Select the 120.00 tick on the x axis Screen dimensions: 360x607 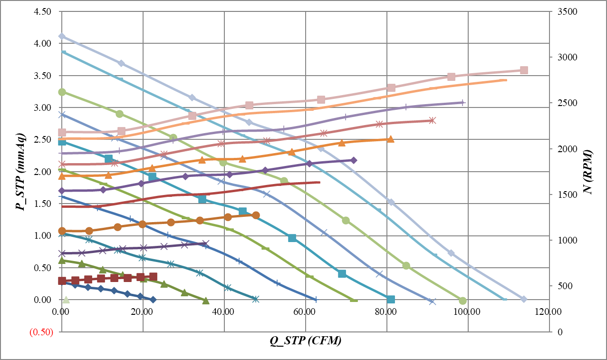click(x=549, y=312)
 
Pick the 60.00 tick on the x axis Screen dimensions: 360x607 click(x=305, y=312)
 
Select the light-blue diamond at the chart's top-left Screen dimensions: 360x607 click(x=62, y=36)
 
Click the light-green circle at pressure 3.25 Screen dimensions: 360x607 click(x=62, y=92)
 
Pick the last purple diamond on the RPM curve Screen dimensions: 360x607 click(x=354, y=160)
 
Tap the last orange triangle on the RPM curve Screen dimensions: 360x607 click(x=390, y=139)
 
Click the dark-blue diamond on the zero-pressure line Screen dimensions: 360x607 click(x=153, y=300)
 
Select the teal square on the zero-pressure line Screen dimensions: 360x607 click(x=391, y=300)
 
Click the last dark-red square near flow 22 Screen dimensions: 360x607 click(x=153, y=276)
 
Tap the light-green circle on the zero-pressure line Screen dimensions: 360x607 click(x=463, y=301)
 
